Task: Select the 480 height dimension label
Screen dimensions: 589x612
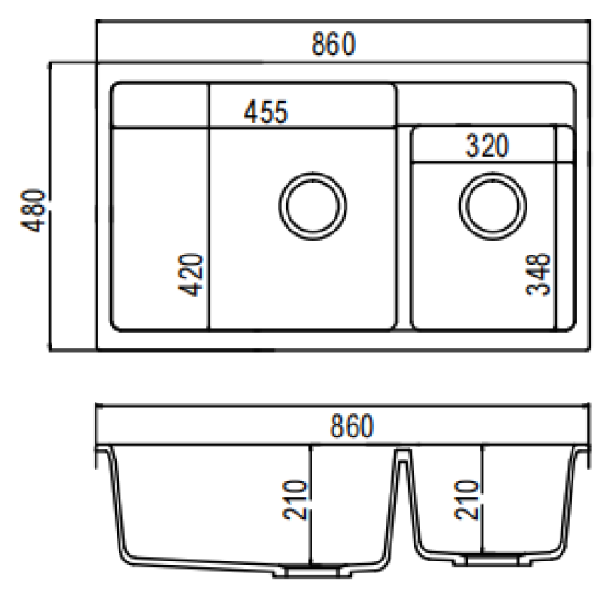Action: tap(34, 211)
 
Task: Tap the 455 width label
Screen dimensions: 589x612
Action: tap(266, 111)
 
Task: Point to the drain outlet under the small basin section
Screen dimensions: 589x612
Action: tap(482, 559)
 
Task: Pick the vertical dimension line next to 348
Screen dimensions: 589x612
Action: tap(556, 230)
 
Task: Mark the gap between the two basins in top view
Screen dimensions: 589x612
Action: tap(403, 230)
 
